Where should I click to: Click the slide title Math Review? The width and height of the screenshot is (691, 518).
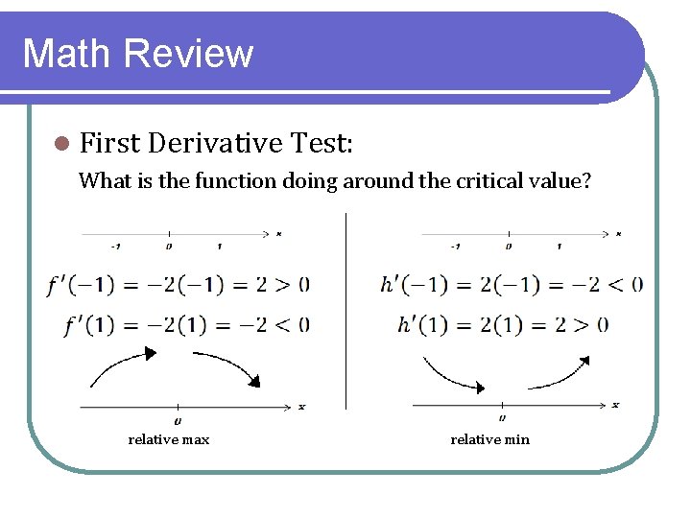137,53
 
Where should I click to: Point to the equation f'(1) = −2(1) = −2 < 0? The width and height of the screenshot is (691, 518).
188,324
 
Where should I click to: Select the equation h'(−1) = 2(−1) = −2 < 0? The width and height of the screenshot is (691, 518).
512,284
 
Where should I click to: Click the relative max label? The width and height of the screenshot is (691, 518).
168,439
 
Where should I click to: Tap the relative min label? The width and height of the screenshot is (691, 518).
490,439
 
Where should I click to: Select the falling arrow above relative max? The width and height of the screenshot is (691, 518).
228,367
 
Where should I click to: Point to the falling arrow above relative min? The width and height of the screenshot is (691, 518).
451,374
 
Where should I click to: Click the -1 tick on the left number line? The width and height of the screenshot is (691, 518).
116,246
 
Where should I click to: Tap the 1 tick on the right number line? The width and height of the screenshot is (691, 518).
559,246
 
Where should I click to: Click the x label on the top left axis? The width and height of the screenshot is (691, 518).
278,233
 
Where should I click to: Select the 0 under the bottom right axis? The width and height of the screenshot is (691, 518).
503,419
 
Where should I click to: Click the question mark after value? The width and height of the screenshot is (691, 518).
586,180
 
